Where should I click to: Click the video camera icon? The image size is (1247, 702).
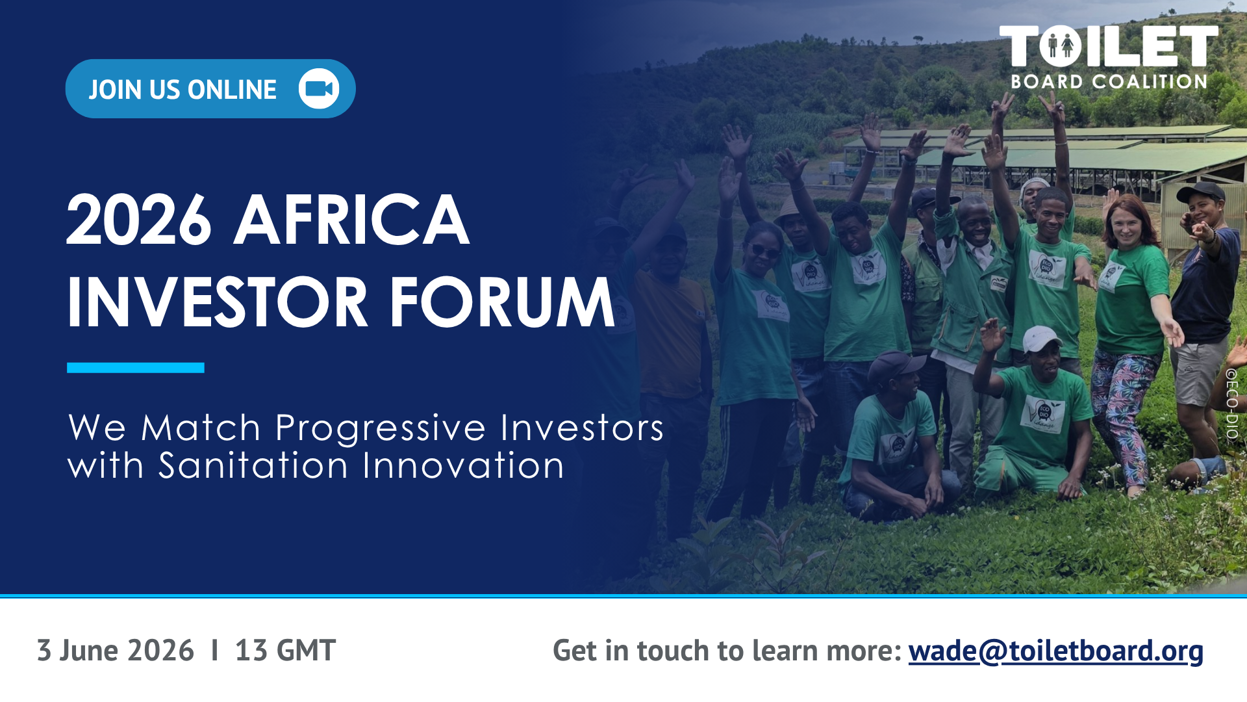pos(319,88)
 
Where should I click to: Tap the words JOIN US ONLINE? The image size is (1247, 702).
pos(183,90)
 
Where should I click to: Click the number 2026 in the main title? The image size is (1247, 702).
pos(139,220)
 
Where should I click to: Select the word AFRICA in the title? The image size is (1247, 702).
pos(351,220)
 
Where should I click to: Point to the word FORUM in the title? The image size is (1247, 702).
pos(501,302)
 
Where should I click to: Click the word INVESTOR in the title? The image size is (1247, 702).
pos(218,302)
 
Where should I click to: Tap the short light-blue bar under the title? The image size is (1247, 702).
pos(135,368)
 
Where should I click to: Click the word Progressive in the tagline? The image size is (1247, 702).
pos(381,429)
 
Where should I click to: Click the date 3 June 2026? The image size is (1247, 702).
pos(116,651)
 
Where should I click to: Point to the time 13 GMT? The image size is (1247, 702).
pos(285,651)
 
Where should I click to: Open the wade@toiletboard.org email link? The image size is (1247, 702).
pos(1055,651)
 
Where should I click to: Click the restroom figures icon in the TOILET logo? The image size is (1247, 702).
pos(1061,46)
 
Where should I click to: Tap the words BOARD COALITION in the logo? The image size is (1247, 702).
pos(1109,82)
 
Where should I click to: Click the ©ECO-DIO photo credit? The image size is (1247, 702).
pos(1231,404)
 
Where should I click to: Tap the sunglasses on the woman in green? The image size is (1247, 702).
pos(764,250)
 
